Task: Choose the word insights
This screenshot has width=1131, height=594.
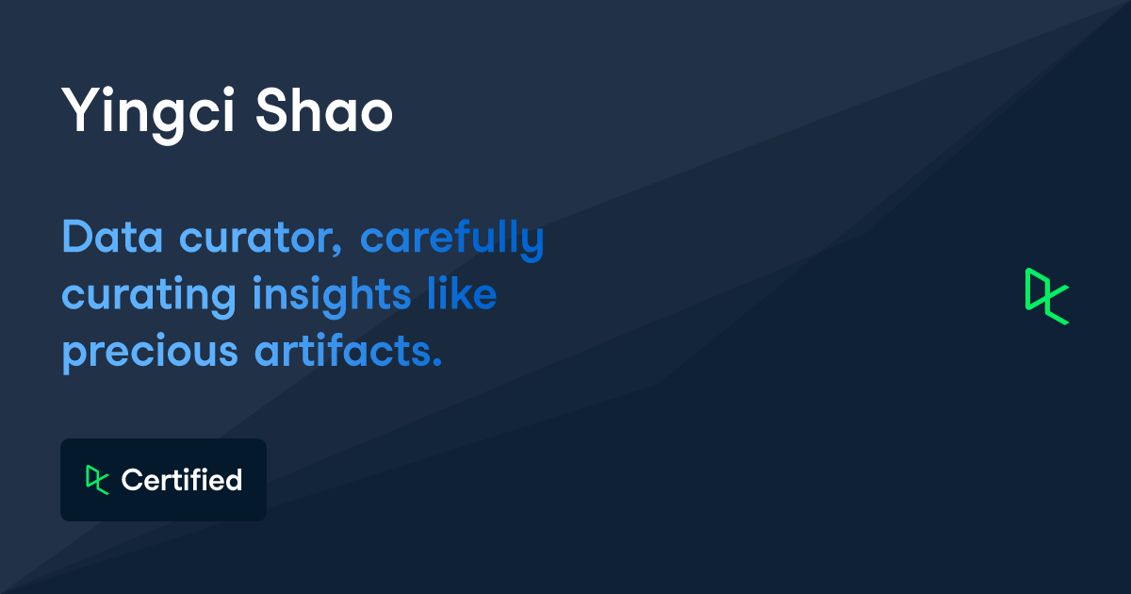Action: pos(331,296)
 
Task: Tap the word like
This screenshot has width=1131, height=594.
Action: pos(461,294)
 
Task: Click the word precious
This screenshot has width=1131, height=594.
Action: pos(150,353)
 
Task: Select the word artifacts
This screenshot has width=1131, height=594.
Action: pos(348,351)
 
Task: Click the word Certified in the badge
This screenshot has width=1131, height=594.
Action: pos(182,480)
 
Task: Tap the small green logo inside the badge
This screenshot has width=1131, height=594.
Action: pos(97,479)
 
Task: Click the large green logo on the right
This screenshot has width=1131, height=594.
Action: pos(1046,296)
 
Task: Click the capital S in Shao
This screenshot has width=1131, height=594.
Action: pos(272,111)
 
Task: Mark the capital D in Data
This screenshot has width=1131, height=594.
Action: pos(77,238)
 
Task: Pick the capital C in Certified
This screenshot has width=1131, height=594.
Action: pos(131,480)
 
